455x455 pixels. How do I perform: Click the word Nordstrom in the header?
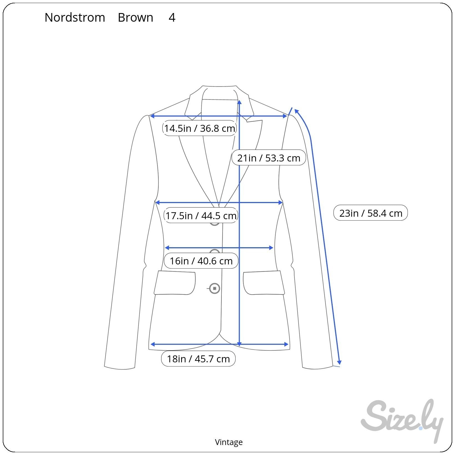[x=75, y=17]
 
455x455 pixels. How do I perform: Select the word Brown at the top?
[x=135, y=17]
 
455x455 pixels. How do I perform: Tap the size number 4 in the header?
[x=172, y=17]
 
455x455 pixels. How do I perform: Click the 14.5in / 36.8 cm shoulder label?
[x=199, y=128]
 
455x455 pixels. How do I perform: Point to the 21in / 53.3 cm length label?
[x=269, y=158]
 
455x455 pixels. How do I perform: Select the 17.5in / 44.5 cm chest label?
[x=201, y=215]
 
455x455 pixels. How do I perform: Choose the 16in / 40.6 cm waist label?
[x=201, y=261]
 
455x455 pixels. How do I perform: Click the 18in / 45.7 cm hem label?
[x=198, y=359]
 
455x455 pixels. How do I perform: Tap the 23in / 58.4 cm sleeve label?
[x=370, y=213]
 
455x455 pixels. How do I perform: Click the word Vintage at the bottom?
[x=229, y=442]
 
